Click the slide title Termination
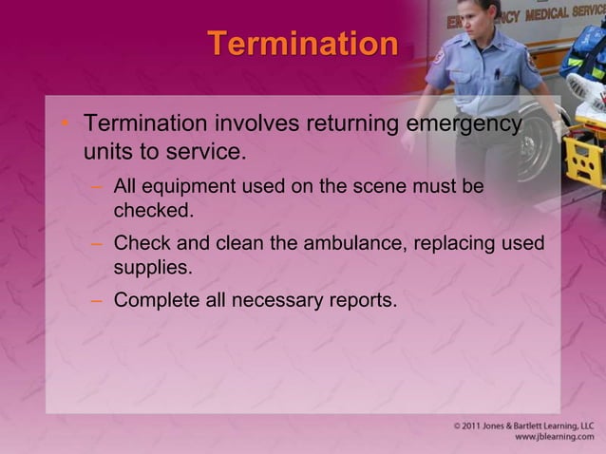tap(302, 44)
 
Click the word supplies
tap(152, 267)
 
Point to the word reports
tap(365, 301)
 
